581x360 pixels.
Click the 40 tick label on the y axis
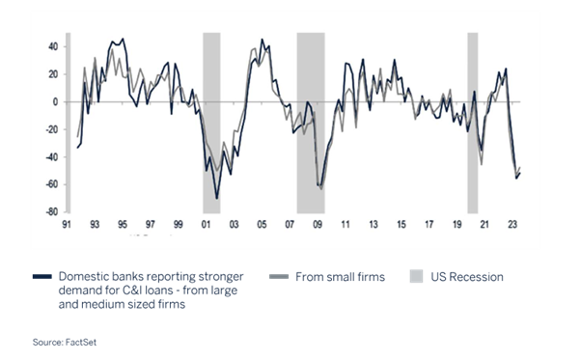(54, 46)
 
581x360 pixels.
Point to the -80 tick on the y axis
(52, 211)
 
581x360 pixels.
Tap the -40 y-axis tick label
(52, 156)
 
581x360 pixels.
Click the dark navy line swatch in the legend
(41, 277)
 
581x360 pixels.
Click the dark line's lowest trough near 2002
(217, 198)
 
